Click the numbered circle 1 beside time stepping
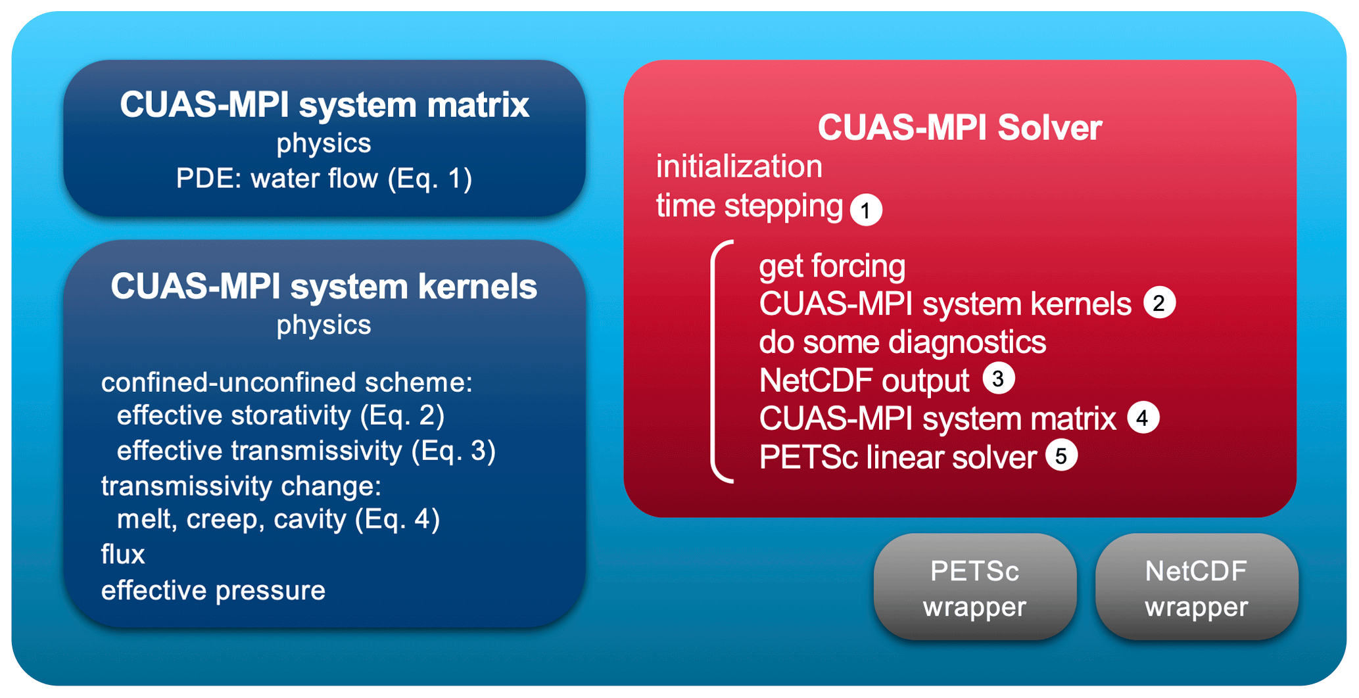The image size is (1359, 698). coord(866,210)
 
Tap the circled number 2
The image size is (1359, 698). coord(1159,303)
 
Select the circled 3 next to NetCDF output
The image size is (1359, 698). coord(998,379)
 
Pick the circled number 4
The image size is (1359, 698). coord(1143,417)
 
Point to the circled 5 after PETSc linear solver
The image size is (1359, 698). coord(1061,455)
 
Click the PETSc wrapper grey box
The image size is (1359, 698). coord(974,587)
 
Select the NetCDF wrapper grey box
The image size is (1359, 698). coord(1196,587)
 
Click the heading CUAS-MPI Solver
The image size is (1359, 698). coord(959,128)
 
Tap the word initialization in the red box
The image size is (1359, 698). coord(739,166)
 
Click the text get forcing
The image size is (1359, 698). coord(832,267)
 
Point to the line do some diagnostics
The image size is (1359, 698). coord(902,342)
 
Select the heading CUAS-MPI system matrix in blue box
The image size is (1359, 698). coord(324,105)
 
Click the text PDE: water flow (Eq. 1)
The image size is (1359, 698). coord(324,179)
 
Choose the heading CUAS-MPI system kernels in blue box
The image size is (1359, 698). coord(324,287)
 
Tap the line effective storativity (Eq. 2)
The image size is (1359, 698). coord(281,416)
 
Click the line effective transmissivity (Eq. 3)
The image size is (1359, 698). coord(306,452)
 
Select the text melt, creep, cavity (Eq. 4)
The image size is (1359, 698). coord(278,520)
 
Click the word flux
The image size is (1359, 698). coord(123,554)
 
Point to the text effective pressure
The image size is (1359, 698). coord(213,591)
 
